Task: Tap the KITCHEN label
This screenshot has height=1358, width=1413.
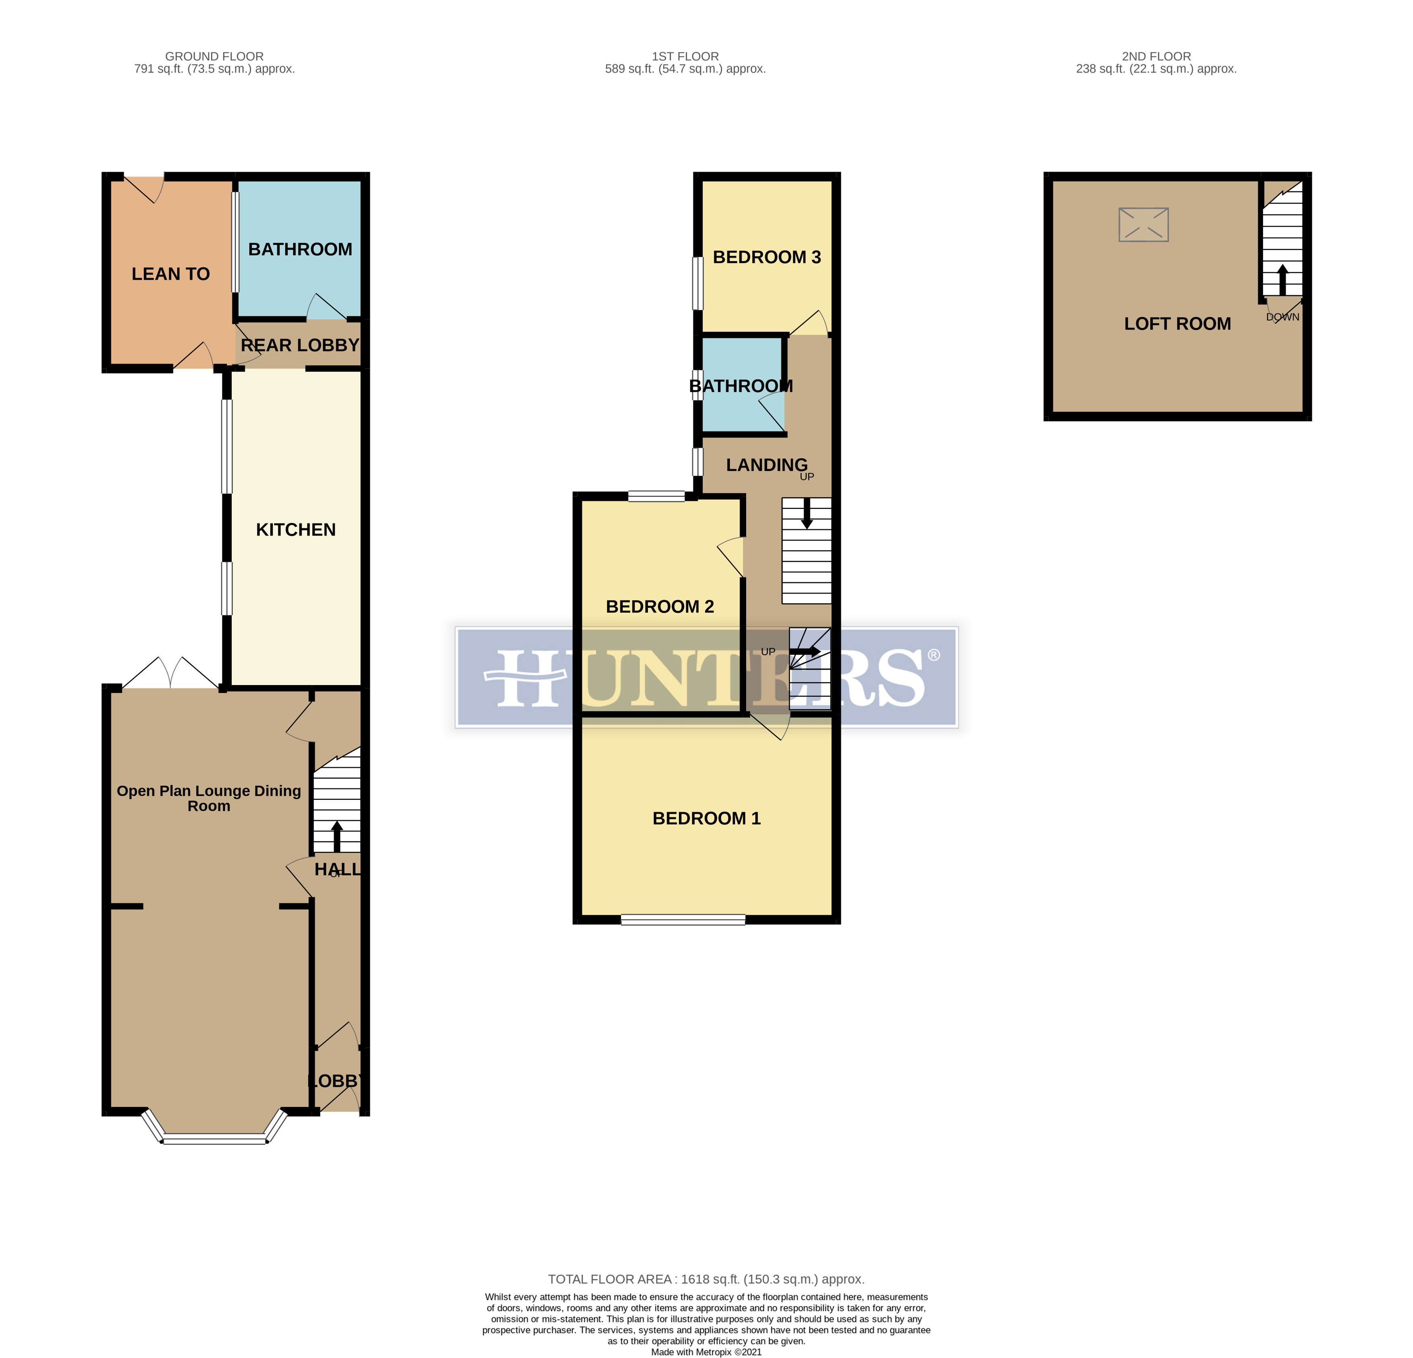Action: point(296,530)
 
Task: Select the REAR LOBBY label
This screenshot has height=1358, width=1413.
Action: point(300,345)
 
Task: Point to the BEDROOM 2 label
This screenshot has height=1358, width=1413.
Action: point(660,606)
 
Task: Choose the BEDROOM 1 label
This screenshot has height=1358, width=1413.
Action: point(707,818)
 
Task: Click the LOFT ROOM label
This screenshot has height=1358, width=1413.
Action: point(1177,324)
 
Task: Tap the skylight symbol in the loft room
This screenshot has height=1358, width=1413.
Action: point(1143,224)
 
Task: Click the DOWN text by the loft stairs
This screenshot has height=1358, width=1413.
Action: point(1282,317)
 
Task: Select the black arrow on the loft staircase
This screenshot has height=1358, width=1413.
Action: point(1282,279)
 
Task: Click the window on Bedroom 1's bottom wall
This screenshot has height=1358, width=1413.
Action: point(683,920)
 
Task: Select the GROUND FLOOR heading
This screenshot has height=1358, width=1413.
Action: point(214,56)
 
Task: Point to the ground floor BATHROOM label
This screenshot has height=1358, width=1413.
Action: point(300,249)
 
